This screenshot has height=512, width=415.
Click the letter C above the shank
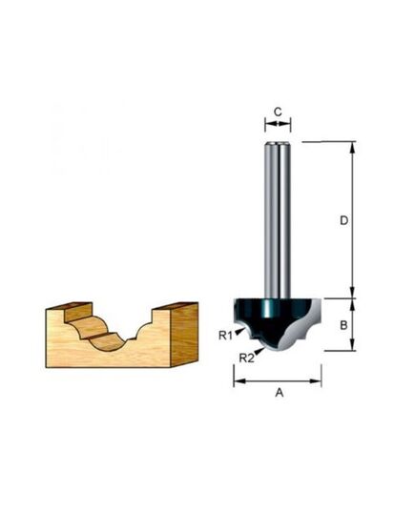tap(278, 112)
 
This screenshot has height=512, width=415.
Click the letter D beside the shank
tap(343, 220)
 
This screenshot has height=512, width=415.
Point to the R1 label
tap(223, 335)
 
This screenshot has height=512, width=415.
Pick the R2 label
tap(245, 358)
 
